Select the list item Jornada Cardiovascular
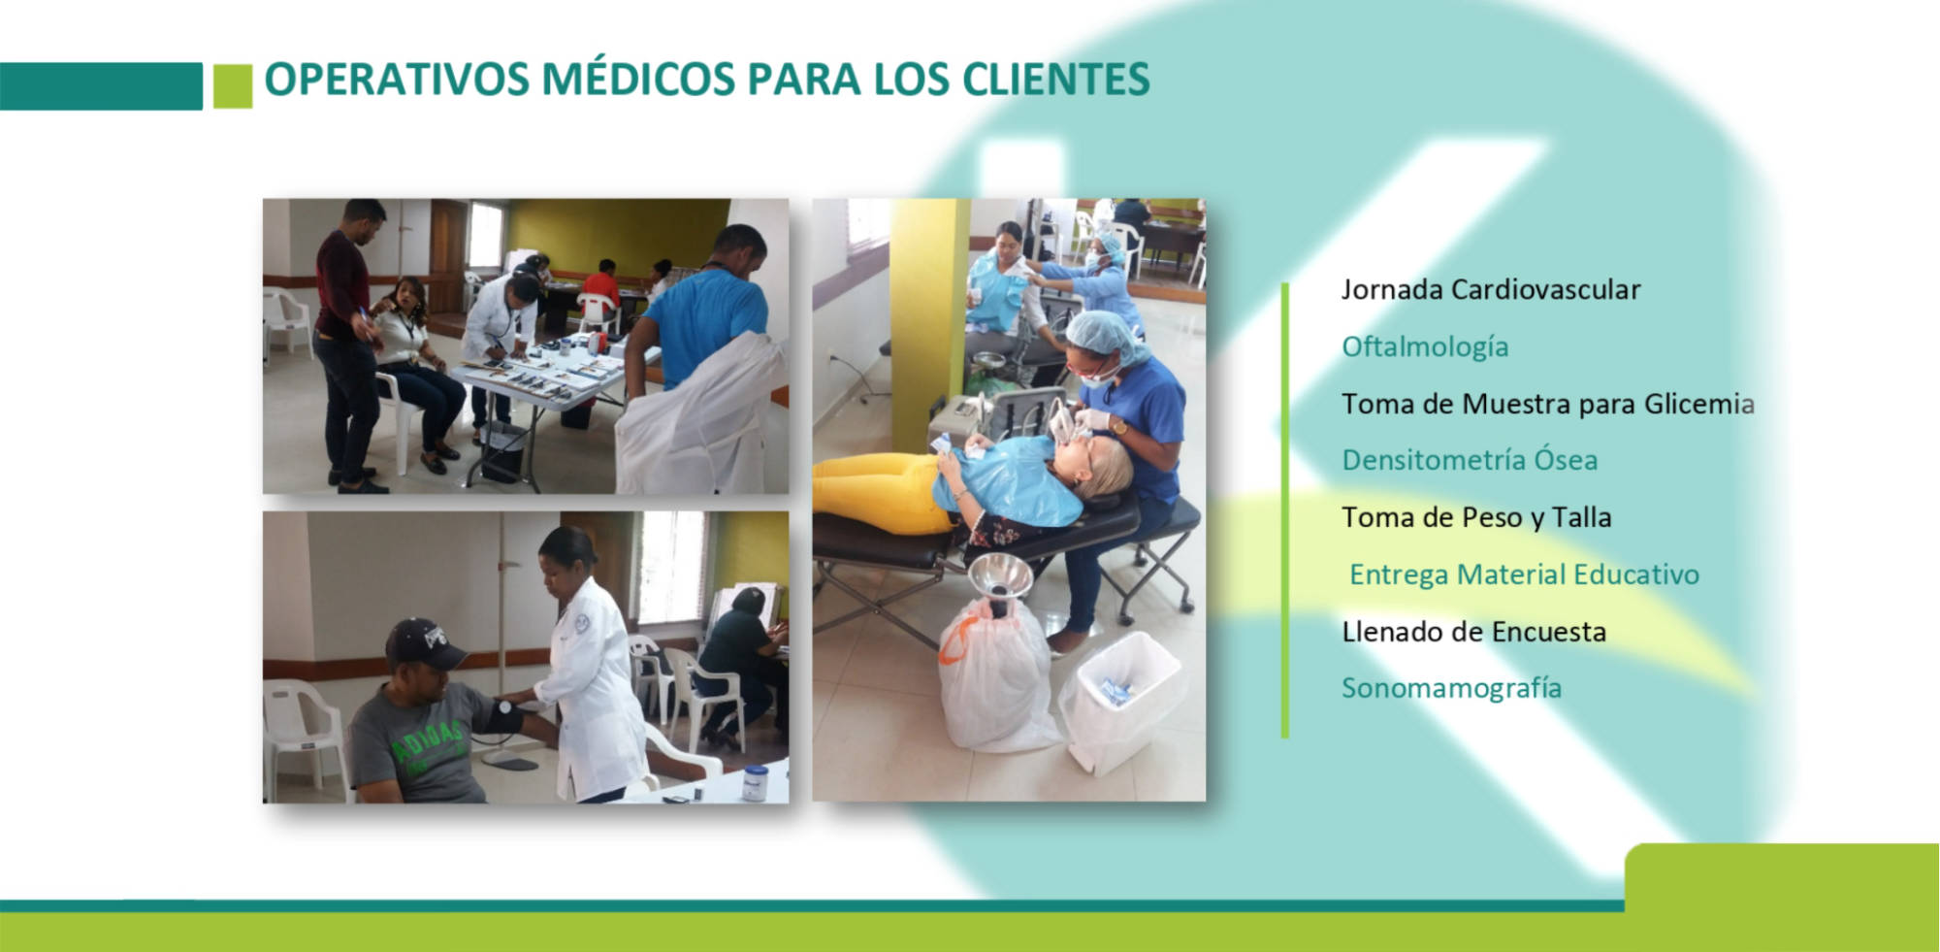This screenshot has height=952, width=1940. (x=1491, y=289)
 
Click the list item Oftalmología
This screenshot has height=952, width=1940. (x=1425, y=347)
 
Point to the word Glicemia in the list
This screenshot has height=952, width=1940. (x=1699, y=404)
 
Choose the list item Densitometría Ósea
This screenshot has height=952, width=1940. (x=1470, y=460)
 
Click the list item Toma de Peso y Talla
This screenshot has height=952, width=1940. (x=1476, y=518)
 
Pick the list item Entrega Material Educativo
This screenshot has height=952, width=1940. (x=1524, y=574)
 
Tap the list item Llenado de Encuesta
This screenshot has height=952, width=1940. (x=1473, y=632)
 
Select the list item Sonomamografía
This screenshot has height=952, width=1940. (x=1451, y=689)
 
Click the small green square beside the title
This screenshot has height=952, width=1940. (x=233, y=86)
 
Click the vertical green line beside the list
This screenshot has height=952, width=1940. (x=1285, y=510)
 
